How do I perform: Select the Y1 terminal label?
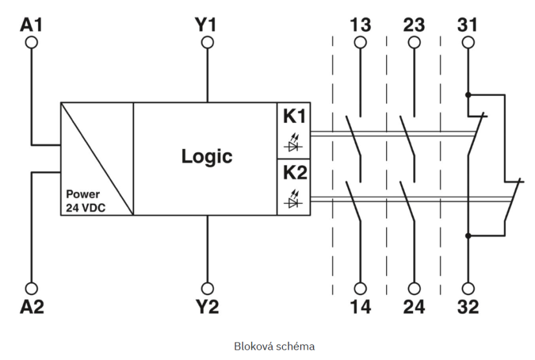tap(207, 25)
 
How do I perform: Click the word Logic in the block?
tap(206, 157)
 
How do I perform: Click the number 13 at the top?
tap(360, 25)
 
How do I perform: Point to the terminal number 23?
tap(414, 25)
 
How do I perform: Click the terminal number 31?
tap(468, 25)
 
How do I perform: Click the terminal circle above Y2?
tap(207, 287)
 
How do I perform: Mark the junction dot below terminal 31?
tap(468, 95)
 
